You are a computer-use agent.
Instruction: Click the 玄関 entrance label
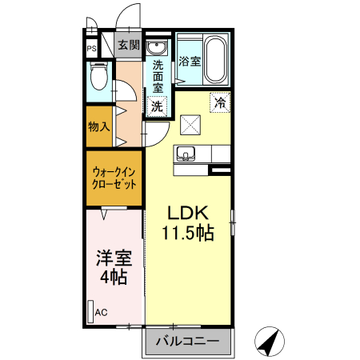tap(128, 46)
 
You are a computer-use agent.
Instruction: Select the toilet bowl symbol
tap(98, 77)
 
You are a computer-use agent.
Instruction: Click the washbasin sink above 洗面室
tap(156, 46)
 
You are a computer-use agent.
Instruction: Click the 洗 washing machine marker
tap(158, 106)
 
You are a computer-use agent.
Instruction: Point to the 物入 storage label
tap(98, 126)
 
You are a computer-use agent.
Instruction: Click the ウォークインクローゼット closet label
tap(114, 177)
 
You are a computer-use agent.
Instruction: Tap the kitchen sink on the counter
tap(187, 154)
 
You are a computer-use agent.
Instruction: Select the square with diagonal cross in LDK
tap(190, 124)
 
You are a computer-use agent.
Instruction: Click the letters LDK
tap(187, 214)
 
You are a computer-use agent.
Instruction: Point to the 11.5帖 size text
tap(187, 234)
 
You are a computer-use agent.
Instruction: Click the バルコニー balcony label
tap(187, 342)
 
